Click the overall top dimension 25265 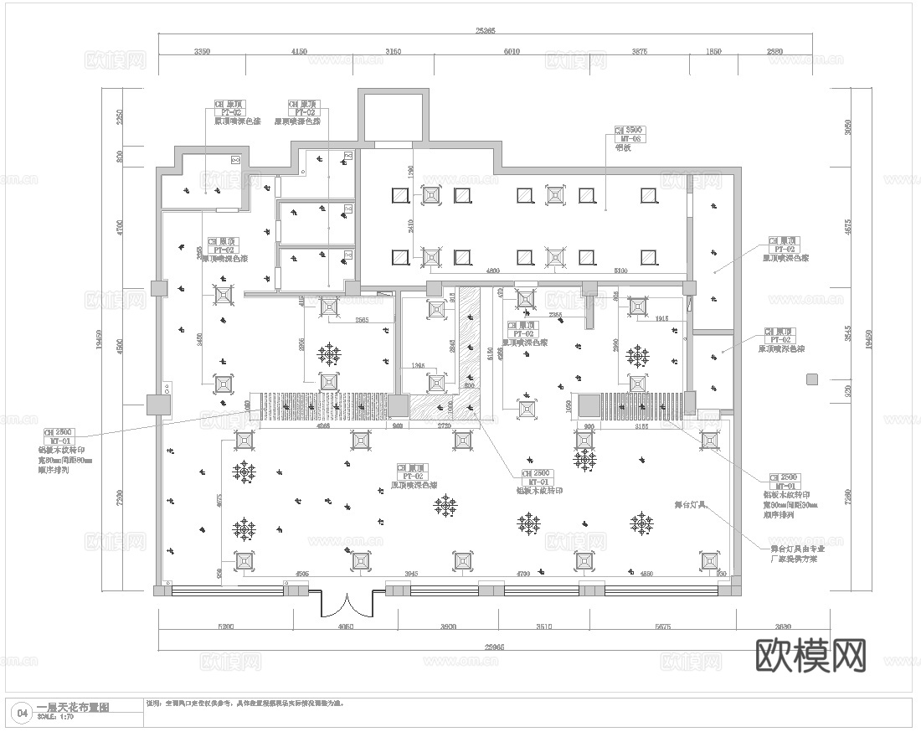[486, 31]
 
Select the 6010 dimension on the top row [511, 52]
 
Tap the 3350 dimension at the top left [201, 52]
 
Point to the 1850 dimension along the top [713, 52]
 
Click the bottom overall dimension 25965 [486, 647]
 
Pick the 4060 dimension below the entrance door [345, 626]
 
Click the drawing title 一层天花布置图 [73, 708]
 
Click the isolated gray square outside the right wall [810, 380]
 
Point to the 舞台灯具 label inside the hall [692, 506]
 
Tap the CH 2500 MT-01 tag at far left [59, 436]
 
